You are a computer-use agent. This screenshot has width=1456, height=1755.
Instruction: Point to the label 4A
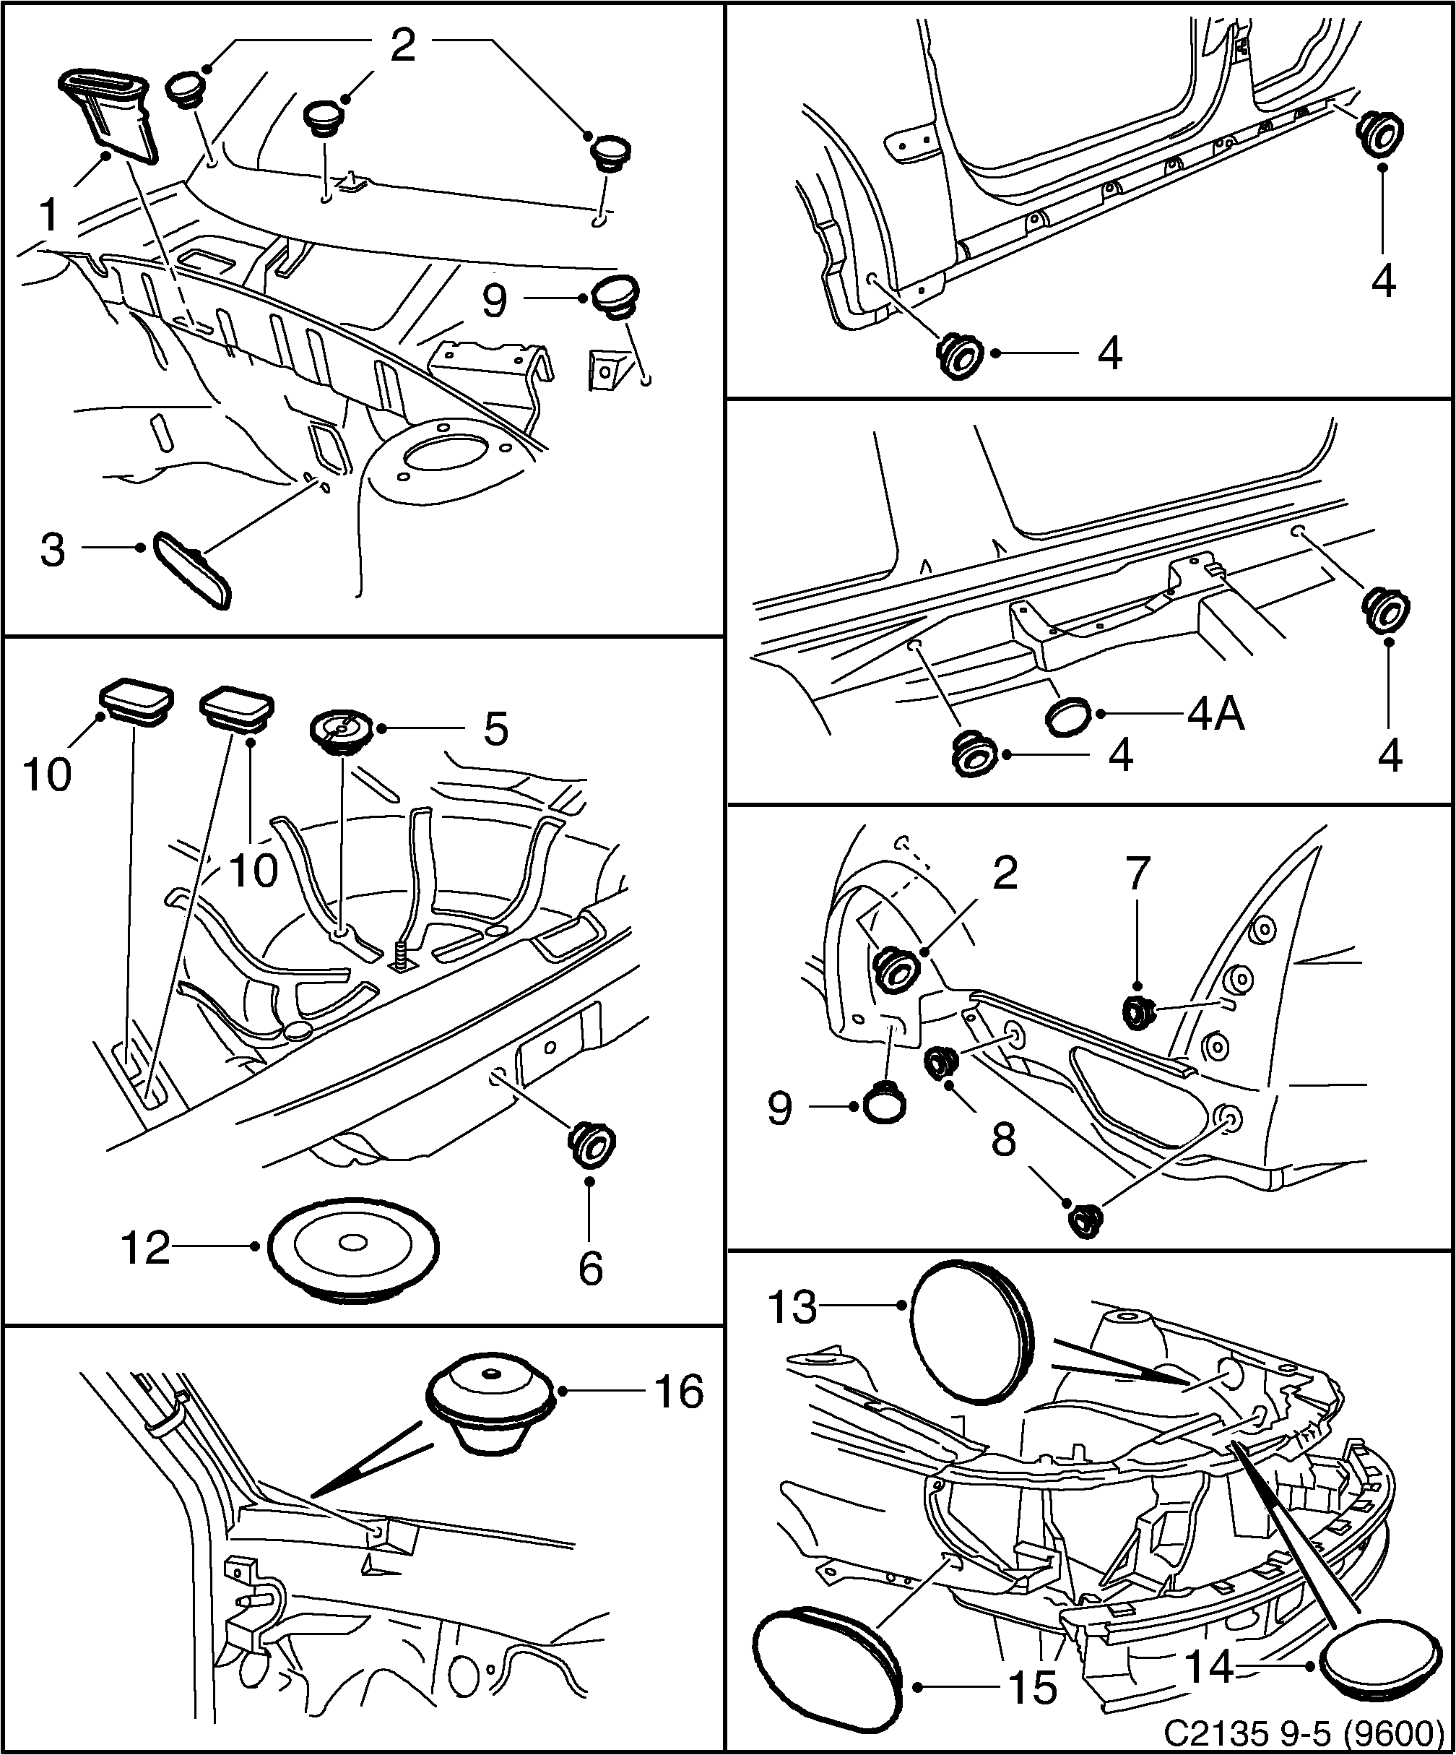click(1215, 715)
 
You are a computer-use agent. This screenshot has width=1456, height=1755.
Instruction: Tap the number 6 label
click(591, 1269)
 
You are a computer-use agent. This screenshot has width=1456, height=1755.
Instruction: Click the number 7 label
click(1138, 875)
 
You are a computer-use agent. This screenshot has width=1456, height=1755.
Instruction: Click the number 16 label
click(679, 1392)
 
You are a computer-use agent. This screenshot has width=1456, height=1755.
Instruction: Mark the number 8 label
click(1003, 1138)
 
